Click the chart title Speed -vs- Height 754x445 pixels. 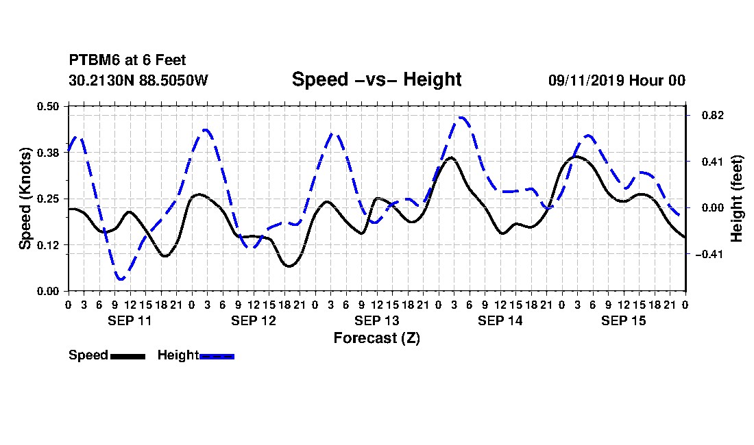376,79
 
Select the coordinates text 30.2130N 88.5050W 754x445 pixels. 138,80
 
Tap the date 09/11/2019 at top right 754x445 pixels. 586,80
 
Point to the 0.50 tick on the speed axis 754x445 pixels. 48,106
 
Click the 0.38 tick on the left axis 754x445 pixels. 48,153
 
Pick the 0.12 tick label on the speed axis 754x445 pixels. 48,245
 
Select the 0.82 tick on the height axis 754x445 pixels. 713,115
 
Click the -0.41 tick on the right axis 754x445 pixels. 709,255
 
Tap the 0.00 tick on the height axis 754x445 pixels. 713,208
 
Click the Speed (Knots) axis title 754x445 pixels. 25,199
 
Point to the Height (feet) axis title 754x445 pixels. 736,199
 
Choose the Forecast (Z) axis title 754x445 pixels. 377,338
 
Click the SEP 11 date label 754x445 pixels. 130,320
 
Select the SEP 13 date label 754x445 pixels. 377,320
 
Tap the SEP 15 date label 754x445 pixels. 624,320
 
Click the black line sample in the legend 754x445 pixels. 128,356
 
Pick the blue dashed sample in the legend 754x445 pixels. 217,356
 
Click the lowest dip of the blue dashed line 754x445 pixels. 120,279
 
